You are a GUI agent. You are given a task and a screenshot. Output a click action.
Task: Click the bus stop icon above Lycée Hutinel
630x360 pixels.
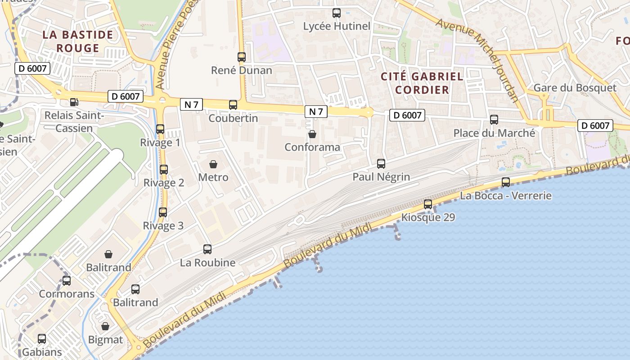336,13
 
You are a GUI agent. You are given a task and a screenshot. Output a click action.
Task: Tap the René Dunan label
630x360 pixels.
242,70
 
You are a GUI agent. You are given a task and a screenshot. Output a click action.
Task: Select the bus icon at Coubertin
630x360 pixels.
233,105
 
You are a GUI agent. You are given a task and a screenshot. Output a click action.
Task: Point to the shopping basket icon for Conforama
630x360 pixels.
312,134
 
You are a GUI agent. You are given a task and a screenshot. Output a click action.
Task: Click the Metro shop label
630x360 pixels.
213,177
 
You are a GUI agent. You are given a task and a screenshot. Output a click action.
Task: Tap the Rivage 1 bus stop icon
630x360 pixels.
160,129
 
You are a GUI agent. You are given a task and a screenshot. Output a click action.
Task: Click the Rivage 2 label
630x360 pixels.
164,183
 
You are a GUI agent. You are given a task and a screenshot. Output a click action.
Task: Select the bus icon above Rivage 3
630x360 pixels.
163,212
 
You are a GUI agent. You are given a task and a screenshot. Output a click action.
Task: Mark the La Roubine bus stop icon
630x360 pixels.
207,249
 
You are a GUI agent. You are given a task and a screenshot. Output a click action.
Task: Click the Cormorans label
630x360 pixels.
67,294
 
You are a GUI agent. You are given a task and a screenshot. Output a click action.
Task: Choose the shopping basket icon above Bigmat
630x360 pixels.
105,326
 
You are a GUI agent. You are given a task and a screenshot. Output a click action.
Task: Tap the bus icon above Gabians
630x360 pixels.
42,339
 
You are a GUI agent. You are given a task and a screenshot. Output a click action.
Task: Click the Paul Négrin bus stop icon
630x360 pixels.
381,164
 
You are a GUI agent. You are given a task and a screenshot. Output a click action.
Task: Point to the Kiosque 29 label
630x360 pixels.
428,218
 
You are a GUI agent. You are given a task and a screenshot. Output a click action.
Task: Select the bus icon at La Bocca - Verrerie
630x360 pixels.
506,182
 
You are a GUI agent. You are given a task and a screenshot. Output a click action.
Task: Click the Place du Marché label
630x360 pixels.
494,133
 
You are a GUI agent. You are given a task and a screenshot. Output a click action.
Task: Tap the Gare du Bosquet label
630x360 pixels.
575,87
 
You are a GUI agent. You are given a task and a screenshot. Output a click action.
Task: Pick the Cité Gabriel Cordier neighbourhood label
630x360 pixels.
422,83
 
